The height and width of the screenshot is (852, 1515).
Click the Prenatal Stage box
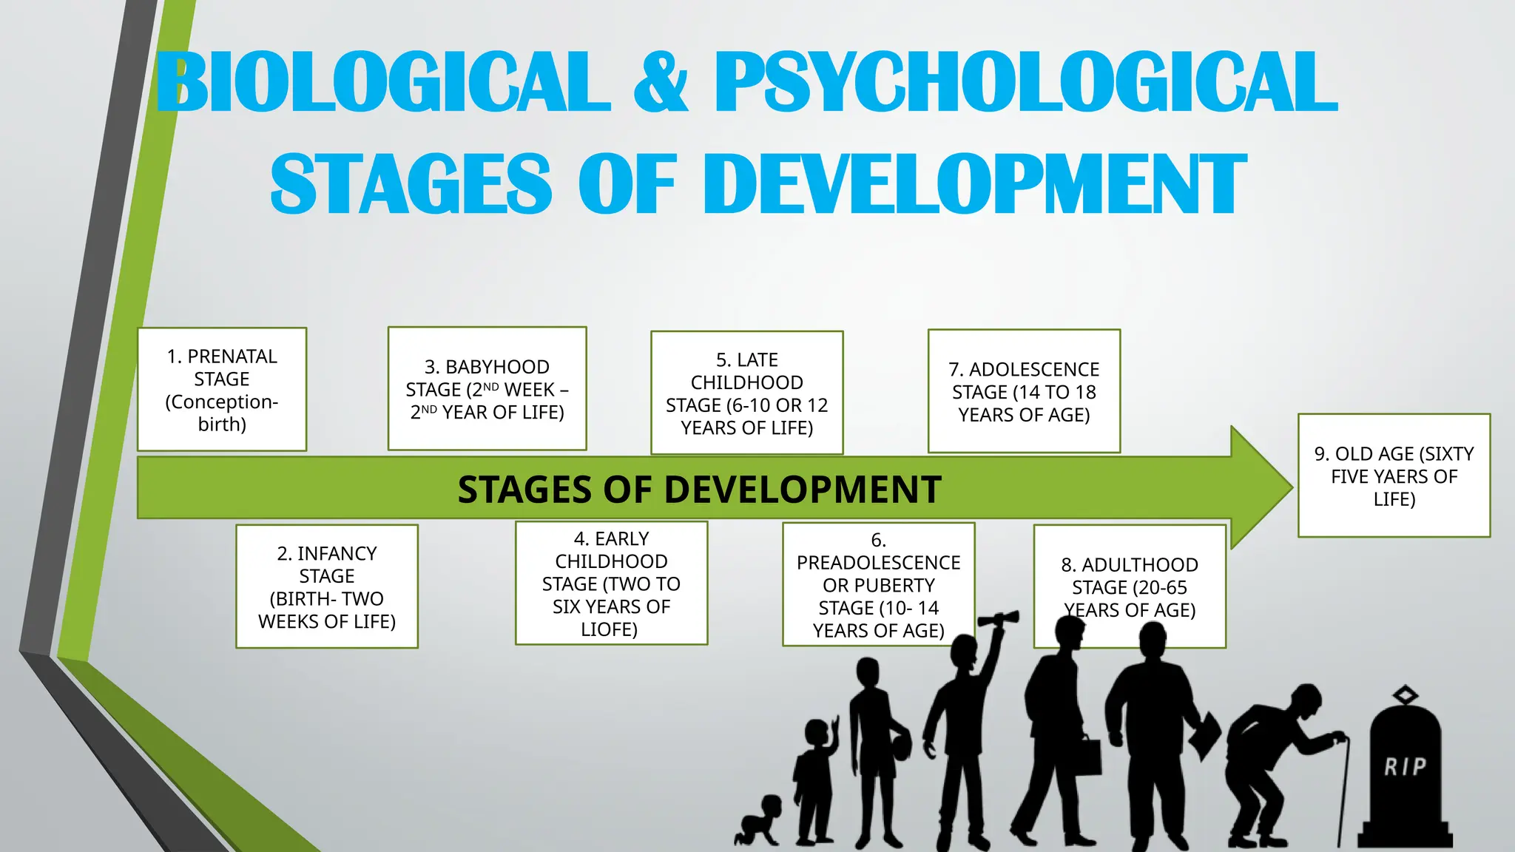point(222,390)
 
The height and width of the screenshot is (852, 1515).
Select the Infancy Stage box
point(327,586)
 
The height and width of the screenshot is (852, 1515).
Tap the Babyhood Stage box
point(487,389)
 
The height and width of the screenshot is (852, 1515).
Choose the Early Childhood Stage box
point(611,584)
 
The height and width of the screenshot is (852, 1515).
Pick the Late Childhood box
point(746,393)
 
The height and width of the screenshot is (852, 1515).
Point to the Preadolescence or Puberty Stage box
point(878,584)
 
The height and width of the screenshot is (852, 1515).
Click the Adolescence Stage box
point(1024,391)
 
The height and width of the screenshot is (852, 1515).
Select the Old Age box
point(1394,476)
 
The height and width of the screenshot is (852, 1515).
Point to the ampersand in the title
point(661,83)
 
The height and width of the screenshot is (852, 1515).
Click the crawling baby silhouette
point(759,821)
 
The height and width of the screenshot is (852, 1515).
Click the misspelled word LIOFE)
point(609,629)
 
